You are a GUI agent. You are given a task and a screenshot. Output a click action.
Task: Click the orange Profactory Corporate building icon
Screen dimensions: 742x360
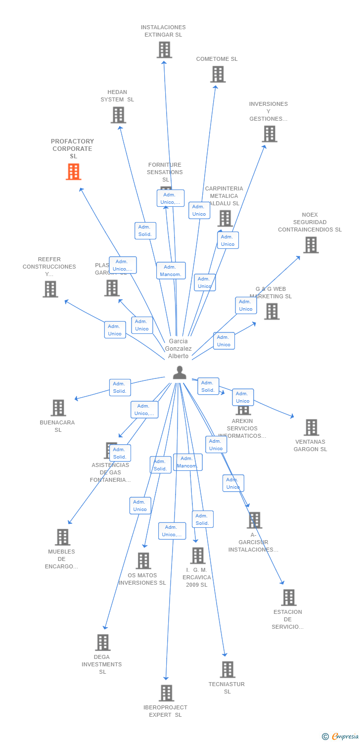[74, 172]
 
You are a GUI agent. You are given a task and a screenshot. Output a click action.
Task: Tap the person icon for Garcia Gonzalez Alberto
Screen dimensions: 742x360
[180, 372]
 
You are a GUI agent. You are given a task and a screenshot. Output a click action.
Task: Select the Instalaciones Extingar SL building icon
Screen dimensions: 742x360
[164, 49]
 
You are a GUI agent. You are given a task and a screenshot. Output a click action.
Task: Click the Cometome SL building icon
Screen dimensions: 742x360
[218, 74]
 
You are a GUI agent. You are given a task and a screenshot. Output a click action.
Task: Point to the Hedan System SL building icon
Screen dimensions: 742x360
[118, 115]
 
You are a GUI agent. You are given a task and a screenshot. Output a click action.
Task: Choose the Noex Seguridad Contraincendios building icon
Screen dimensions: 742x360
[311, 245]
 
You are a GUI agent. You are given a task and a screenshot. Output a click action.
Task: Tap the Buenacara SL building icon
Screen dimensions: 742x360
[58, 408]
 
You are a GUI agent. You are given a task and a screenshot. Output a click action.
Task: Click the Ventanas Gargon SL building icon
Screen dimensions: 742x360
[311, 427]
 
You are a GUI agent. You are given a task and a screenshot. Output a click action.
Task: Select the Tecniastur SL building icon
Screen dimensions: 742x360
[227, 669]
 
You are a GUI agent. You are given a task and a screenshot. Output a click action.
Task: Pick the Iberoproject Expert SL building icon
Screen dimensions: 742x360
[167, 693]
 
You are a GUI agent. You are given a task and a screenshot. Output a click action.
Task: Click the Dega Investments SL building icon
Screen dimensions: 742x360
[102, 643]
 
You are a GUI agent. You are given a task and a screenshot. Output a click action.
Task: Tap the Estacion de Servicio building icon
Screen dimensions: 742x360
[289, 598]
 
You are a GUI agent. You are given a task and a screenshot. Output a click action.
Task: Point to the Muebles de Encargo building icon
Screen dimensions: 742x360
[62, 537]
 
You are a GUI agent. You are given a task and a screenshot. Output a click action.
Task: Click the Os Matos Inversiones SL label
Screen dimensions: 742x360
[142, 579]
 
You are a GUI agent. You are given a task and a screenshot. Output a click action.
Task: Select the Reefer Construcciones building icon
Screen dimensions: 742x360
[50, 289]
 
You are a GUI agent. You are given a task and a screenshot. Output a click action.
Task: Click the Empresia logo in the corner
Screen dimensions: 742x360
[341, 736]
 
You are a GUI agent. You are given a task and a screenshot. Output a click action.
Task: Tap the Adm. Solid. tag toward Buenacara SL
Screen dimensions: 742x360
[120, 387]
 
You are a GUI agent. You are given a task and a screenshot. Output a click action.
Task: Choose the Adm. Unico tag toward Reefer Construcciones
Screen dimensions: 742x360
[115, 330]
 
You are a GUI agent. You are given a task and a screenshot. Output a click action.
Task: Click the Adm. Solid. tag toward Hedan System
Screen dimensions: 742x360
[145, 231]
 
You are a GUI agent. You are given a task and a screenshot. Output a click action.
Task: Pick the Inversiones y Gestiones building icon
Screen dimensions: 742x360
[270, 134]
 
